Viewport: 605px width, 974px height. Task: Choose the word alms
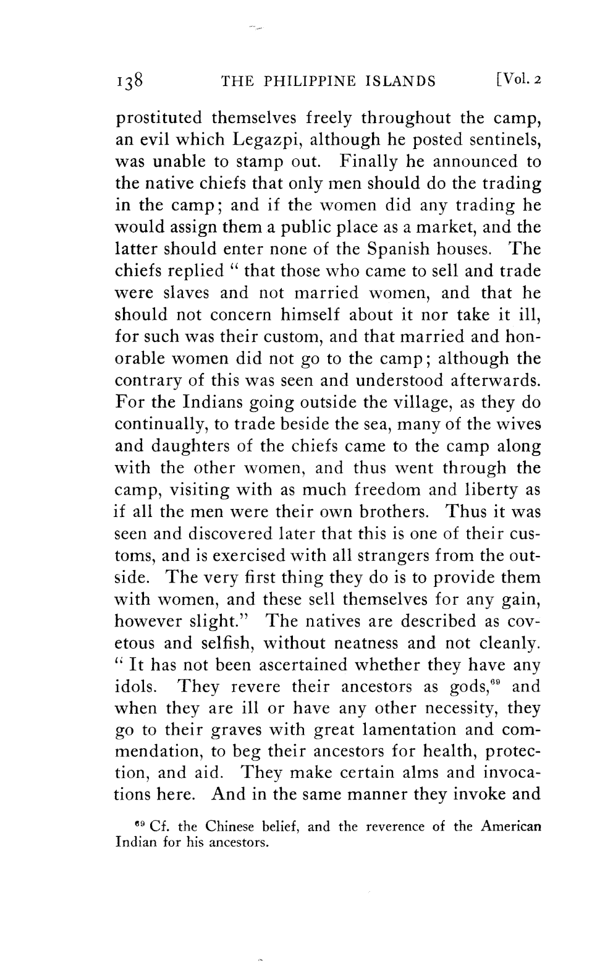[x=417, y=774]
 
